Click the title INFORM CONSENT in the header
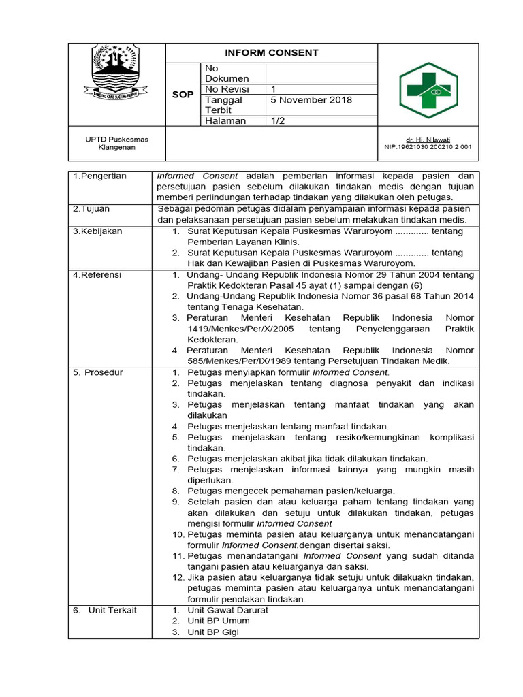coord(272,53)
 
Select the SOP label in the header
coord(183,95)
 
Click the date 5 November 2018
coord(311,100)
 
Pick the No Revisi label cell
coord(227,89)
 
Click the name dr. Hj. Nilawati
coord(441,139)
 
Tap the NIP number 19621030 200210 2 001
coord(428,146)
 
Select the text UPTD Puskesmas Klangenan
coord(116,143)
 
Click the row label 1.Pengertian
coord(100,176)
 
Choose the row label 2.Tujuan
coord(92,209)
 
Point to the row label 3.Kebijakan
coord(97,231)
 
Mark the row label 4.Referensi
coord(97,274)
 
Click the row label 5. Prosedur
coord(99,372)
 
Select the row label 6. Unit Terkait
coord(105,610)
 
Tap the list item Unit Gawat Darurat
coord(227,610)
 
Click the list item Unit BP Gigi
coord(213,632)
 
